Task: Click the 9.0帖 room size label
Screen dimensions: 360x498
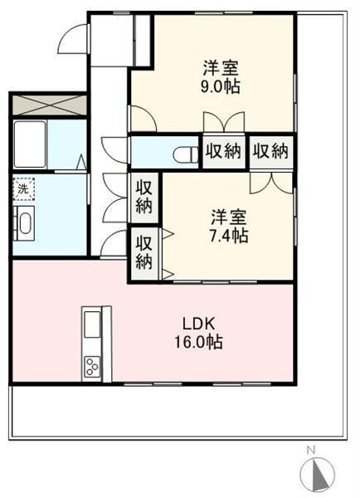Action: click(x=220, y=86)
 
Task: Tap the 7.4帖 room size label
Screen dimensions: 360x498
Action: click(x=229, y=236)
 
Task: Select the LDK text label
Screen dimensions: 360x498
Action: click(x=199, y=325)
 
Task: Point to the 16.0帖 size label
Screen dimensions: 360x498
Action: click(x=198, y=342)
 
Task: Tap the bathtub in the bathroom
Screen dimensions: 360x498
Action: click(x=30, y=144)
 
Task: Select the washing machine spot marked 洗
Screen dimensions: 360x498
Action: click(x=23, y=189)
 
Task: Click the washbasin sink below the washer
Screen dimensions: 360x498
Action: click(x=24, y=223)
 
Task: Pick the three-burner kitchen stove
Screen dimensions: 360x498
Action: click(x=92, y=367)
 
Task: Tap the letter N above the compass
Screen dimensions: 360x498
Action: click(x=311, y=450)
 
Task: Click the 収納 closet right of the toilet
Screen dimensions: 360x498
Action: click(x=224, y=152)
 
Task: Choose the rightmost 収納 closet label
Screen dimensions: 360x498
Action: click(x=270, y=151)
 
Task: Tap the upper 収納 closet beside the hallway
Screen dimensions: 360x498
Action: click(x=144, y=198)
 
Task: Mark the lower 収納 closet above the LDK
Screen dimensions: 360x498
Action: click(x=144, y=253)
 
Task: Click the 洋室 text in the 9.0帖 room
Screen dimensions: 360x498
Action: click(x=221, y=68)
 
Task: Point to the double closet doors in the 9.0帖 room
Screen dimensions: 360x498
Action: click(x=224, y=122)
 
